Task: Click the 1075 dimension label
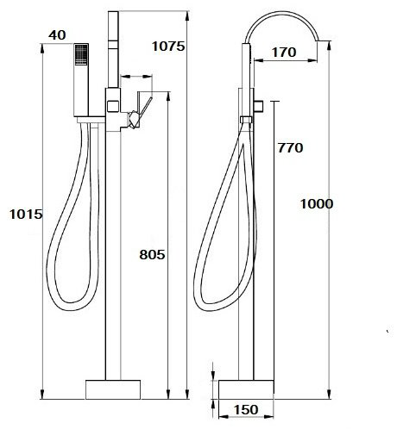[x=168, y=46]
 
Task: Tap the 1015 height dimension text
[x=26, y=214]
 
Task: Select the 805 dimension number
[x=152, y=254]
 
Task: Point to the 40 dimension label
[x=57, y=35]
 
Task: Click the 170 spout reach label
[x=284, y=53]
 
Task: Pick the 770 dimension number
[x=290, y=148]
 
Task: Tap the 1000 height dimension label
[x=317, y=204]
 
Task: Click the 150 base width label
[x=246, y=410]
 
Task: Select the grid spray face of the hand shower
[x=81, y=54]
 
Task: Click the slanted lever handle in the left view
[x=146, y=108]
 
